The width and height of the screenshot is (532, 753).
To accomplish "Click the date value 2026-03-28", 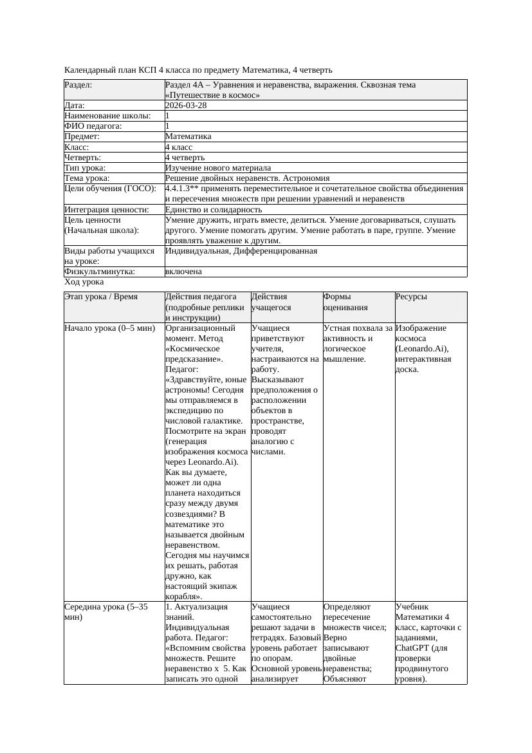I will (186, 106).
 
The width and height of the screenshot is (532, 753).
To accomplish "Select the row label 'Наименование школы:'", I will (107, 116).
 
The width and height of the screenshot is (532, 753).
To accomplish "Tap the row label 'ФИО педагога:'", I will (93, 126).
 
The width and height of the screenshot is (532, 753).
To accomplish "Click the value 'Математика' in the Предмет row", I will (188, 136).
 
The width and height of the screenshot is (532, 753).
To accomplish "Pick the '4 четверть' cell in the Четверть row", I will (185, 157).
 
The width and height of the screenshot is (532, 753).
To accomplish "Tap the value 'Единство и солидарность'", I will (213, 209).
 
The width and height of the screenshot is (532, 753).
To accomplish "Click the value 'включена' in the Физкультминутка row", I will (183, 272).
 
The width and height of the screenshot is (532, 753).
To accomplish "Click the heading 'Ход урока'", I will (84, 282).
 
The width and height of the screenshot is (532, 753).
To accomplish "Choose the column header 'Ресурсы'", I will (411, 297).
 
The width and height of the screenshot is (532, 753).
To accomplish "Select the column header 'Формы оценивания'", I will (344, 302).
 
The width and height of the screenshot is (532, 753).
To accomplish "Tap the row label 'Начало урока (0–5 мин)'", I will (109, 328).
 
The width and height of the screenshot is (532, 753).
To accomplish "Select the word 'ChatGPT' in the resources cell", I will (411, 648).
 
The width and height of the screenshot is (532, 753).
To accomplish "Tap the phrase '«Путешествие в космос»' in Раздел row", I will (212, 95).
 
